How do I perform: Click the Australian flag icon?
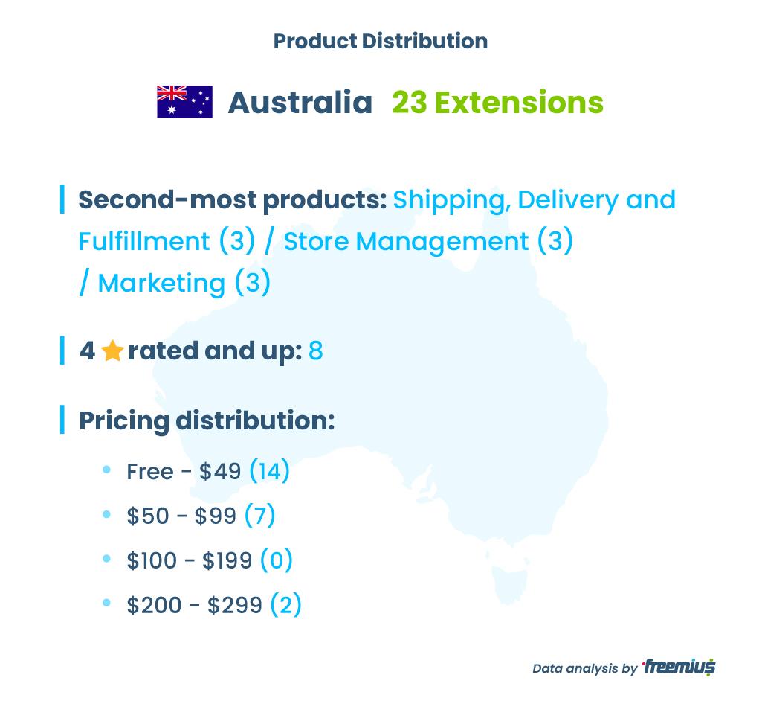click(184, 102)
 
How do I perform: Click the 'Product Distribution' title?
click(381, 41)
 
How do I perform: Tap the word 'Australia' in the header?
click(300, 103)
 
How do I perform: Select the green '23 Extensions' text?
click(497, 103)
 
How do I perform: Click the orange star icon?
click(112, 350)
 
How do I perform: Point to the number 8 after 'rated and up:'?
click(316, 350)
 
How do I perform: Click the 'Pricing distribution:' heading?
click(207, 420)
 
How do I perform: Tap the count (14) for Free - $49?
click(270, 470)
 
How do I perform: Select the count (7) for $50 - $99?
click(260, 515)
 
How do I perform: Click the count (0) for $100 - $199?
click(277, 560)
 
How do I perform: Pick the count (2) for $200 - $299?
click(285, 605)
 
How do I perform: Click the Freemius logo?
click(679, 667)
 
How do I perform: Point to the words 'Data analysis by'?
click(584, 668)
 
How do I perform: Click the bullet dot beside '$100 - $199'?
click(107, 558)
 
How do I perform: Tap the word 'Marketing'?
click(161, 283)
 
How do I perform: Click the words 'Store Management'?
click(406, 241)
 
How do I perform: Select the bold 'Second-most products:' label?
click(233, 200)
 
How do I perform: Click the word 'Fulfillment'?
click(144, 241)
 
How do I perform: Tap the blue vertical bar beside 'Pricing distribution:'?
click(62, 420)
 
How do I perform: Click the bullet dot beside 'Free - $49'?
click(107, 470)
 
